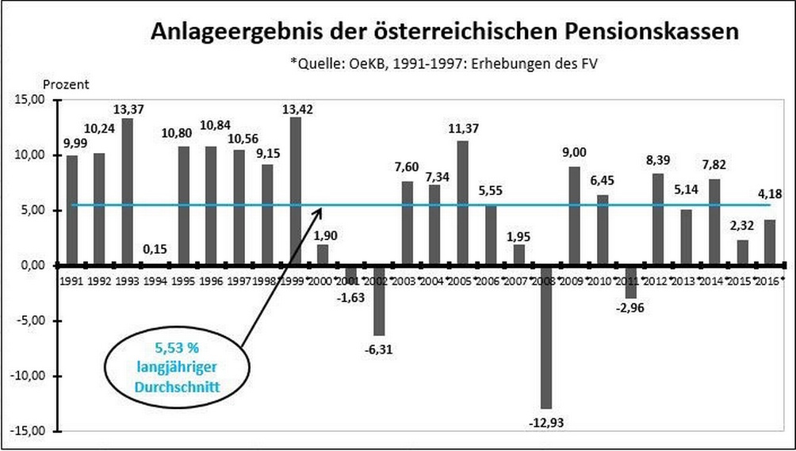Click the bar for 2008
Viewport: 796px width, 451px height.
point(547,337)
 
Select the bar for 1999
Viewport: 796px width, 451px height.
point(296,191)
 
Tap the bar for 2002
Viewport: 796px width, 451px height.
point(379,300)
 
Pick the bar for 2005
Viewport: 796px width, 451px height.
point(463,203)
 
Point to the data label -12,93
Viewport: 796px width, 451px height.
point(547,419)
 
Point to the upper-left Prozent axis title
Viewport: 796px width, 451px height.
point(66,83)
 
